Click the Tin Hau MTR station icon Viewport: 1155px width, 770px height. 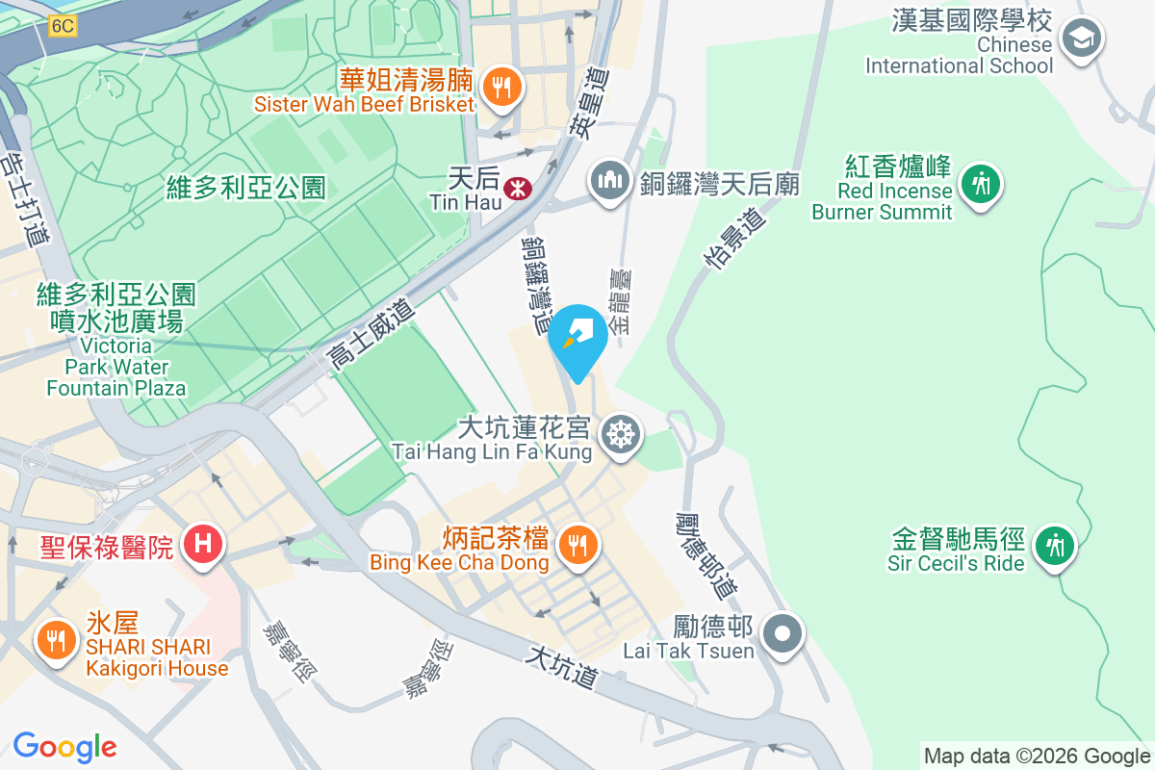[518, 188]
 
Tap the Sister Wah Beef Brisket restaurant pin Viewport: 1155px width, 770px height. [500, 87]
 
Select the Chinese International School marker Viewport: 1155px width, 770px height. [1081, 38]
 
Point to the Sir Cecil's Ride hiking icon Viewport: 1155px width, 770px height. [1055, 547]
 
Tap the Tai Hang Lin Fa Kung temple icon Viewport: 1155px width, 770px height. [621, 436]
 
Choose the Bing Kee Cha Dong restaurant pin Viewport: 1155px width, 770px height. [577, 546]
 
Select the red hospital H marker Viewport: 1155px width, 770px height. [203, 543]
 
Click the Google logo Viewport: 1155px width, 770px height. [64, 747]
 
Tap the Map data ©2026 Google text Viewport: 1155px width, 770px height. [1037, 756]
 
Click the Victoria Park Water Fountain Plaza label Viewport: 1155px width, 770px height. [116, 366]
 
